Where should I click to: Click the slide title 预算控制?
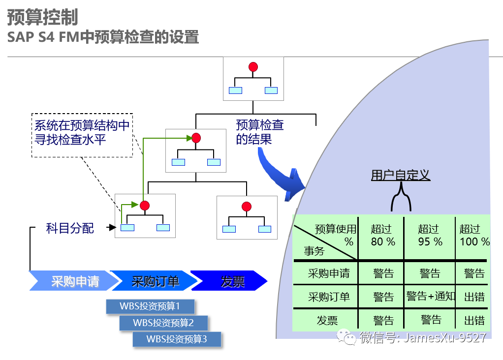click(42, 17)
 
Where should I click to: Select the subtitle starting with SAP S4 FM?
click(103, 37)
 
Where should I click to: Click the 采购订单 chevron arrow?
click(155, 281)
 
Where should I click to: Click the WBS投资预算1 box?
click(150, 306)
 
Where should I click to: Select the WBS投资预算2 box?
click(163, 323)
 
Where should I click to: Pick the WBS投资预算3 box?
click(177, 339)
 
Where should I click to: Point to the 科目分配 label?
click(69, 228)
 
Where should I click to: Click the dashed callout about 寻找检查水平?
click(82, 133)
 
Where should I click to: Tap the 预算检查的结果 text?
click(259, 132)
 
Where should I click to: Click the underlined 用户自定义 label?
click(400, 176)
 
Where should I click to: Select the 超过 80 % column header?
click(383, 235)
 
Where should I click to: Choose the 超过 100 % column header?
click(474, 235)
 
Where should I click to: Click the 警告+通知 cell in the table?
click(430, 296)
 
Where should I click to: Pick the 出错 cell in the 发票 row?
click(474, 321)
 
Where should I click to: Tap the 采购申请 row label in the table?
click(328, 273)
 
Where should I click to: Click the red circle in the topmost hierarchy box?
click(253, 67)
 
